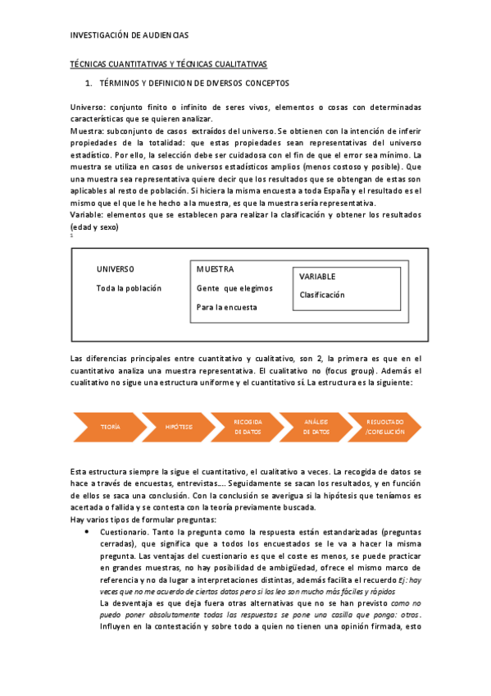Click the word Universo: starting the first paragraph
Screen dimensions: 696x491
(x=88, y=107)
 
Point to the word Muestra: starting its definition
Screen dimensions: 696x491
(x=87, y=130)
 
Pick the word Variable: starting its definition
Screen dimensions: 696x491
(x=89, y=214)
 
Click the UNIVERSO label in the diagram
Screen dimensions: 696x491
(x=115, y=270)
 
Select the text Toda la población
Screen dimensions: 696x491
(x=129, y=288)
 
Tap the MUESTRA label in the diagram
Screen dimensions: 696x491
(x=215, y=269)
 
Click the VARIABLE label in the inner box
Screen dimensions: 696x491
(x=317, y=277)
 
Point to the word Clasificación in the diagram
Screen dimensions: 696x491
(x=322, y=295)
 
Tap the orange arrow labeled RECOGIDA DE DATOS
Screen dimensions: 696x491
(x=247, y=427)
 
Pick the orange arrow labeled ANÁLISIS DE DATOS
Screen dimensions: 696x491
(x=316, y=427)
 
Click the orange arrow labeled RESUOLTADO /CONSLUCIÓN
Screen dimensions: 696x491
(x=384, y=427)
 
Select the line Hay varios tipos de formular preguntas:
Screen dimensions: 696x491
(x=143, y=520)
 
